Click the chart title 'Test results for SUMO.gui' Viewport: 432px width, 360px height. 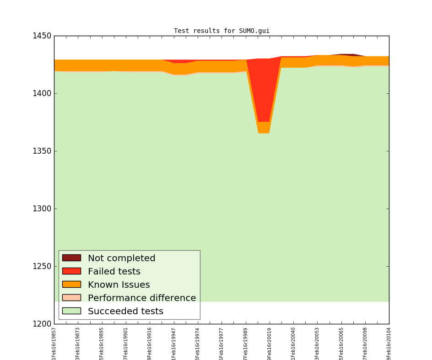[221, 31]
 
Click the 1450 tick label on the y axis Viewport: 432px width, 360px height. [42, 36]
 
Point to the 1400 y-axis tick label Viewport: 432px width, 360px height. [42, 93]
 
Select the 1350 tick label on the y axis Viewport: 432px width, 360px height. [42, 151]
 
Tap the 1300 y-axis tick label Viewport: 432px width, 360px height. [42, 209]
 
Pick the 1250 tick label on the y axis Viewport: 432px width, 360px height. [42, 266]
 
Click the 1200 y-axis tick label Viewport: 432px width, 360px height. [42, 324]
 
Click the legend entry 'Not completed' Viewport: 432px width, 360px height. [121, 258]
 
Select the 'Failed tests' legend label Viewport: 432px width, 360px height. [114, 272]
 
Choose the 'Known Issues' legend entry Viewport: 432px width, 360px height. [119, 285]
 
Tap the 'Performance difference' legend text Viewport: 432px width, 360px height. [142, 298]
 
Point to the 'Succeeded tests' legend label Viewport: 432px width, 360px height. [125, 312]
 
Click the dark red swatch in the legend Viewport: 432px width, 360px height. [71, 258]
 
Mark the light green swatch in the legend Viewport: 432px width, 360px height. [71, 311]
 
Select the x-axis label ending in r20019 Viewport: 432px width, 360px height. [270, 343]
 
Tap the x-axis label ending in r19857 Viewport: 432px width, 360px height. [54, 343]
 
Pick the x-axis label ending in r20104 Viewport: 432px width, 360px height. [389, 343]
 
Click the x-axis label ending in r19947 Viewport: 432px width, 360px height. [174, 343]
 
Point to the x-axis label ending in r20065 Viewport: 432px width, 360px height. [341, 343]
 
